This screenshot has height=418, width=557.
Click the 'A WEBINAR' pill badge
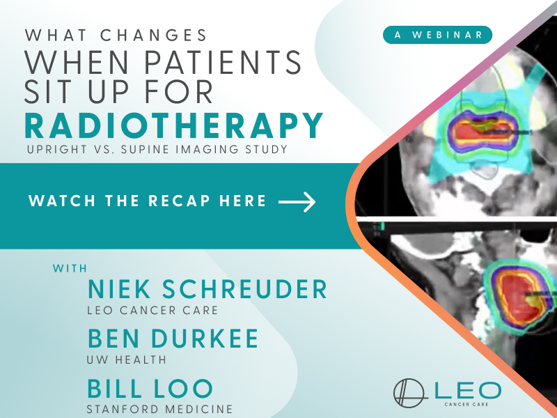(x=437, y=35)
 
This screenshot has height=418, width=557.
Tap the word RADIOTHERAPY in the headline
(x=173, y=125)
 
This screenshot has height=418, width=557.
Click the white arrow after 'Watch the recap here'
(x=297, y=202)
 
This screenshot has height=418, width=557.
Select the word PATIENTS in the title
(x=223, y=62)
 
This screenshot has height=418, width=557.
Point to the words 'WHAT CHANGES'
(x=116, y=36)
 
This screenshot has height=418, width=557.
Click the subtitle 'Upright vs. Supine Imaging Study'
(x=157, y=149)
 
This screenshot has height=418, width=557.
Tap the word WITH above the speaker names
(x=70, y=268)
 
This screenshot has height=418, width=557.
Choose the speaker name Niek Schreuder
(x=207, y=289)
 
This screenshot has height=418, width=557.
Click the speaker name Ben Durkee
(x=173, y=339)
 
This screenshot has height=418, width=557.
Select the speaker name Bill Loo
(x=150, y=389)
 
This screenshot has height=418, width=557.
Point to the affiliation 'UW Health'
(x=127, y=359)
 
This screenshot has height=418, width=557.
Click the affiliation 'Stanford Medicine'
(x=159, y=409)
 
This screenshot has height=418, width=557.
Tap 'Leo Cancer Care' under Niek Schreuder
(x=152, y=310)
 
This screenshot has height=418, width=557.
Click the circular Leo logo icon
(x=409, y=393)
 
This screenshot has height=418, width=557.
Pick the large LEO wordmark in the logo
(x=468, y=391)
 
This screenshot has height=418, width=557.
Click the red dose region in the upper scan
(x=480, y=132)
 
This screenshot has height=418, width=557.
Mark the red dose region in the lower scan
(x=519, y=299)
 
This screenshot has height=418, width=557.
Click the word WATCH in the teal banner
(x=62, y=201)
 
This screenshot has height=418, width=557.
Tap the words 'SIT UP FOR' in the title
(x=118, y=91)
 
